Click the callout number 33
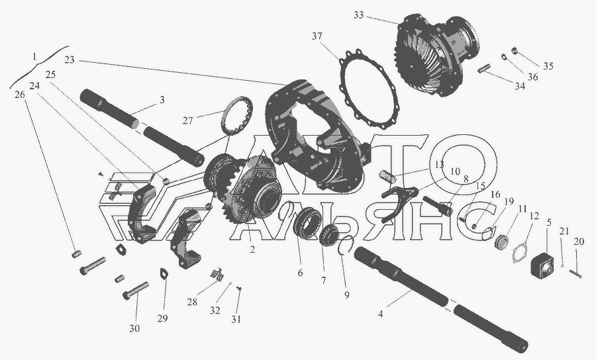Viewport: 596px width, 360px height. pyautogui.click(x=358, y=15)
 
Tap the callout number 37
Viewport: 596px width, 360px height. pyautogui.click(x=317, y=36)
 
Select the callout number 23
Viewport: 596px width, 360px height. pyautogui.click(x=70, y=60)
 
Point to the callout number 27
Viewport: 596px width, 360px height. pyautogui.click(x=188, y=120)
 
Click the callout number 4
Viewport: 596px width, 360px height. pyautogui.click(x=380, y=314)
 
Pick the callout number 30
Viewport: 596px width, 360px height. pyautogui.click(x=134, y=328)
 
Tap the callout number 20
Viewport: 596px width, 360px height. pyautogui.click(x=579, y=242)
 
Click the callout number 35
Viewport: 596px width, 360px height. pyautogui.click(x=548, y=66)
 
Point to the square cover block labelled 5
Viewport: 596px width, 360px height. pyautogui.click(x=542, y=263)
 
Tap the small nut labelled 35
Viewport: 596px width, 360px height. pyautogui.click(x=515, y=50)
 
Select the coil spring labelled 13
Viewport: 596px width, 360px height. pyautogui.click(x=387, y=176)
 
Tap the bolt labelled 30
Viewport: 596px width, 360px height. pyautogui.click(x=135, y=291)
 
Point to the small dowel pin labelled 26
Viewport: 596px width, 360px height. pyautogui.click(x=76, y=253)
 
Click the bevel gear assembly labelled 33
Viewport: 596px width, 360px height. pyautogui.click(x=436, y=56)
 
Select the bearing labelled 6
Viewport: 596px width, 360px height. pyautogui.click(x=308, y=222)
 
